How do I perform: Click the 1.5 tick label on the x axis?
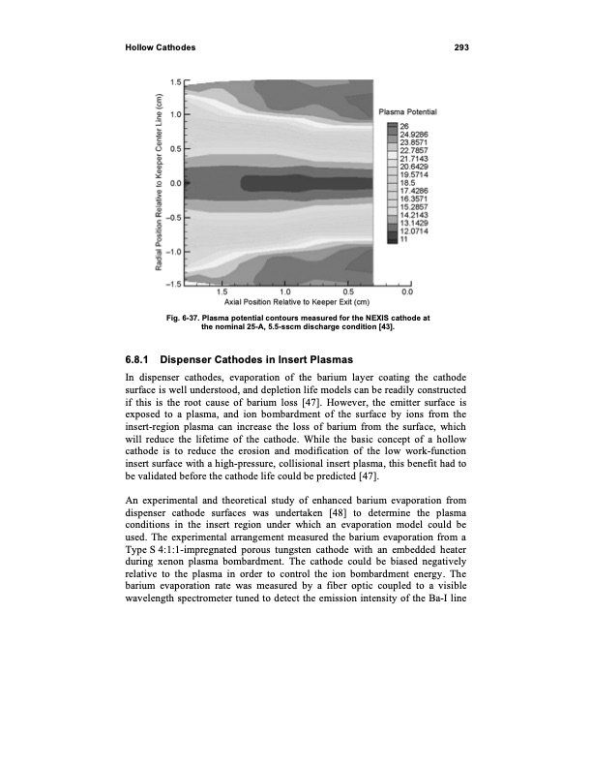[x=222, y=290]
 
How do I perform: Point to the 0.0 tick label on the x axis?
[x=407, y=290]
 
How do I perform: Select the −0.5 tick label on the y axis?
[x=175, y=217]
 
